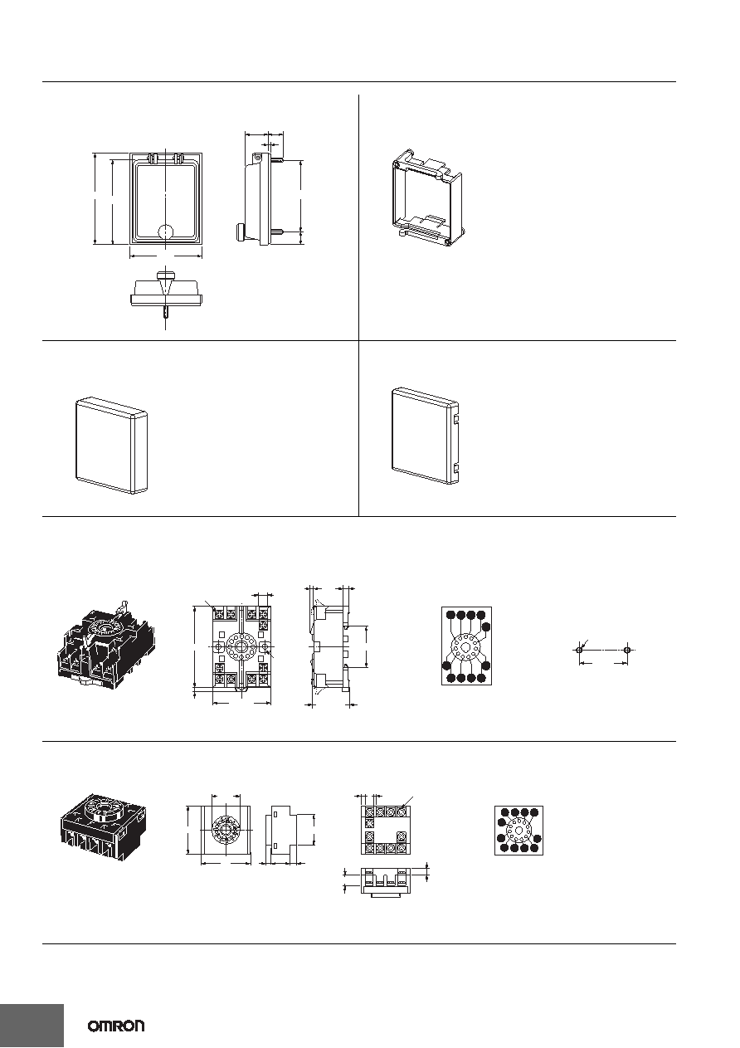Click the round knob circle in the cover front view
[x=166, y=232]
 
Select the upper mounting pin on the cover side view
[x=276, y=160]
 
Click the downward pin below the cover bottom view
[x=166, y=313]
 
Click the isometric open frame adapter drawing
[x=428, y=198]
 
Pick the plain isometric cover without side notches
[x=111, y=446]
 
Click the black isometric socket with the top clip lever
[x=107, y=646]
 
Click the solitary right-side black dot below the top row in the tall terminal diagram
[x=486, y=627]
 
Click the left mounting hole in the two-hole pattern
[x=579, y=651]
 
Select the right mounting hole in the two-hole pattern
[x=627, y=651]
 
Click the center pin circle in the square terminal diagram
[x=518, y=831]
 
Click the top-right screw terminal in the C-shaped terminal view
[x=402, y=812]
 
